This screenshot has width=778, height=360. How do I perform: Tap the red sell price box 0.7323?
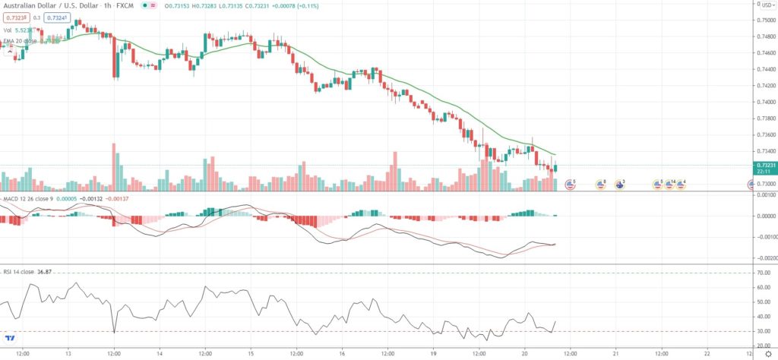15,17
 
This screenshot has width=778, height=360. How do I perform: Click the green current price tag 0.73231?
764,165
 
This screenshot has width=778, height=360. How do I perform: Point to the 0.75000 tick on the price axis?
764,20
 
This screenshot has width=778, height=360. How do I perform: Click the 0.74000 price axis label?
764,102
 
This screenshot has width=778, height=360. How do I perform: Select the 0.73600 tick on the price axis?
764,134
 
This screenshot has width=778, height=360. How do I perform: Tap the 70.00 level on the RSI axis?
762,273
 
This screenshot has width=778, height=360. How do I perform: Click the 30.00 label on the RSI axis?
762,331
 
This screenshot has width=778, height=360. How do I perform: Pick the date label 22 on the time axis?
707,353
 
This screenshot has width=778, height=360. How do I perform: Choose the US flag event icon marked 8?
600,184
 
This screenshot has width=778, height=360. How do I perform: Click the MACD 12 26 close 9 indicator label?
30,198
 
